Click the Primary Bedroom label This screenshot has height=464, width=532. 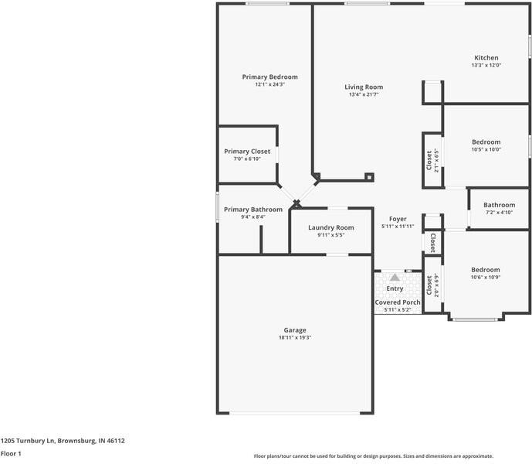pyautogui.click(x=269, y=77)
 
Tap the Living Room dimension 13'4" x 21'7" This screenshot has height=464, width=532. pyautogui.click(x=363, y=95)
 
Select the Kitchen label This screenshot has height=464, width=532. pyautogui.click(x=486, y=58)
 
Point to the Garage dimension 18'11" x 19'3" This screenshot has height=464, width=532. pyautogui.click(x=295, y=337)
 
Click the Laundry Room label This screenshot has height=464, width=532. pyautogui.click(x=330, y=227)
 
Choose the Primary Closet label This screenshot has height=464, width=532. pyautogui.click(x=247, y=152)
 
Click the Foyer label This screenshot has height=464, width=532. pyautogui.click(x=398, y=219)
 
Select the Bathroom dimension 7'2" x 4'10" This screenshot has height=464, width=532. pyautogui.click(x=499, y=212)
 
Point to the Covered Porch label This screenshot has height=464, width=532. pyautogui.click(x=398, y=302)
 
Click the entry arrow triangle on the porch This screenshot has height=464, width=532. pyautogui.click(x=395, y=276)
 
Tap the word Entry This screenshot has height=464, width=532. pyautogui.click(x=395, y=288)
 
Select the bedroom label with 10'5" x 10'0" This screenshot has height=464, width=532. pyautogui.click(x=486, y=142)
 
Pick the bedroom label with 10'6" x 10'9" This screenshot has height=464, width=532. pyautogui.click(x=486, y=270)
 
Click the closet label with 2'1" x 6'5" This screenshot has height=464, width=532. pyautogui.click(x=429, y=160)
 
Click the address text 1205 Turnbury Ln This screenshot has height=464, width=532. pyautogui.click(x=63, y=440)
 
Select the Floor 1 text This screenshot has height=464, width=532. pyautogui.click(x=11, y=453)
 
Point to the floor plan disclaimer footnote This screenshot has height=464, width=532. pyautogui.click(x=373, y=456)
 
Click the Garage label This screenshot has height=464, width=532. pyautogui.click(x=295, y=330)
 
